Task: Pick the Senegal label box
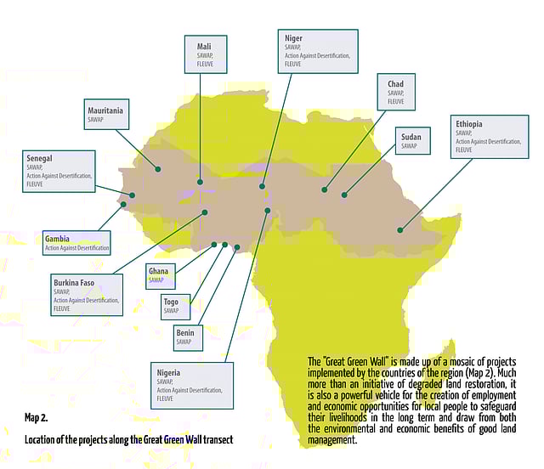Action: click(59, 171)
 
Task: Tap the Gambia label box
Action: click(77, 243)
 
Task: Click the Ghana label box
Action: click(161, 275)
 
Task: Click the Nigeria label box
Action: click(192, 384)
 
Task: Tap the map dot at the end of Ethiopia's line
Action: click(400, 229)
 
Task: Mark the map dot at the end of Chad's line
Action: click(324, 189)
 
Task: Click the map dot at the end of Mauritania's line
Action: click(157, 169)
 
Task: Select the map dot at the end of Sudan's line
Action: click(344, 195)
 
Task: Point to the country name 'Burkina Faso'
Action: click(74, 282)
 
